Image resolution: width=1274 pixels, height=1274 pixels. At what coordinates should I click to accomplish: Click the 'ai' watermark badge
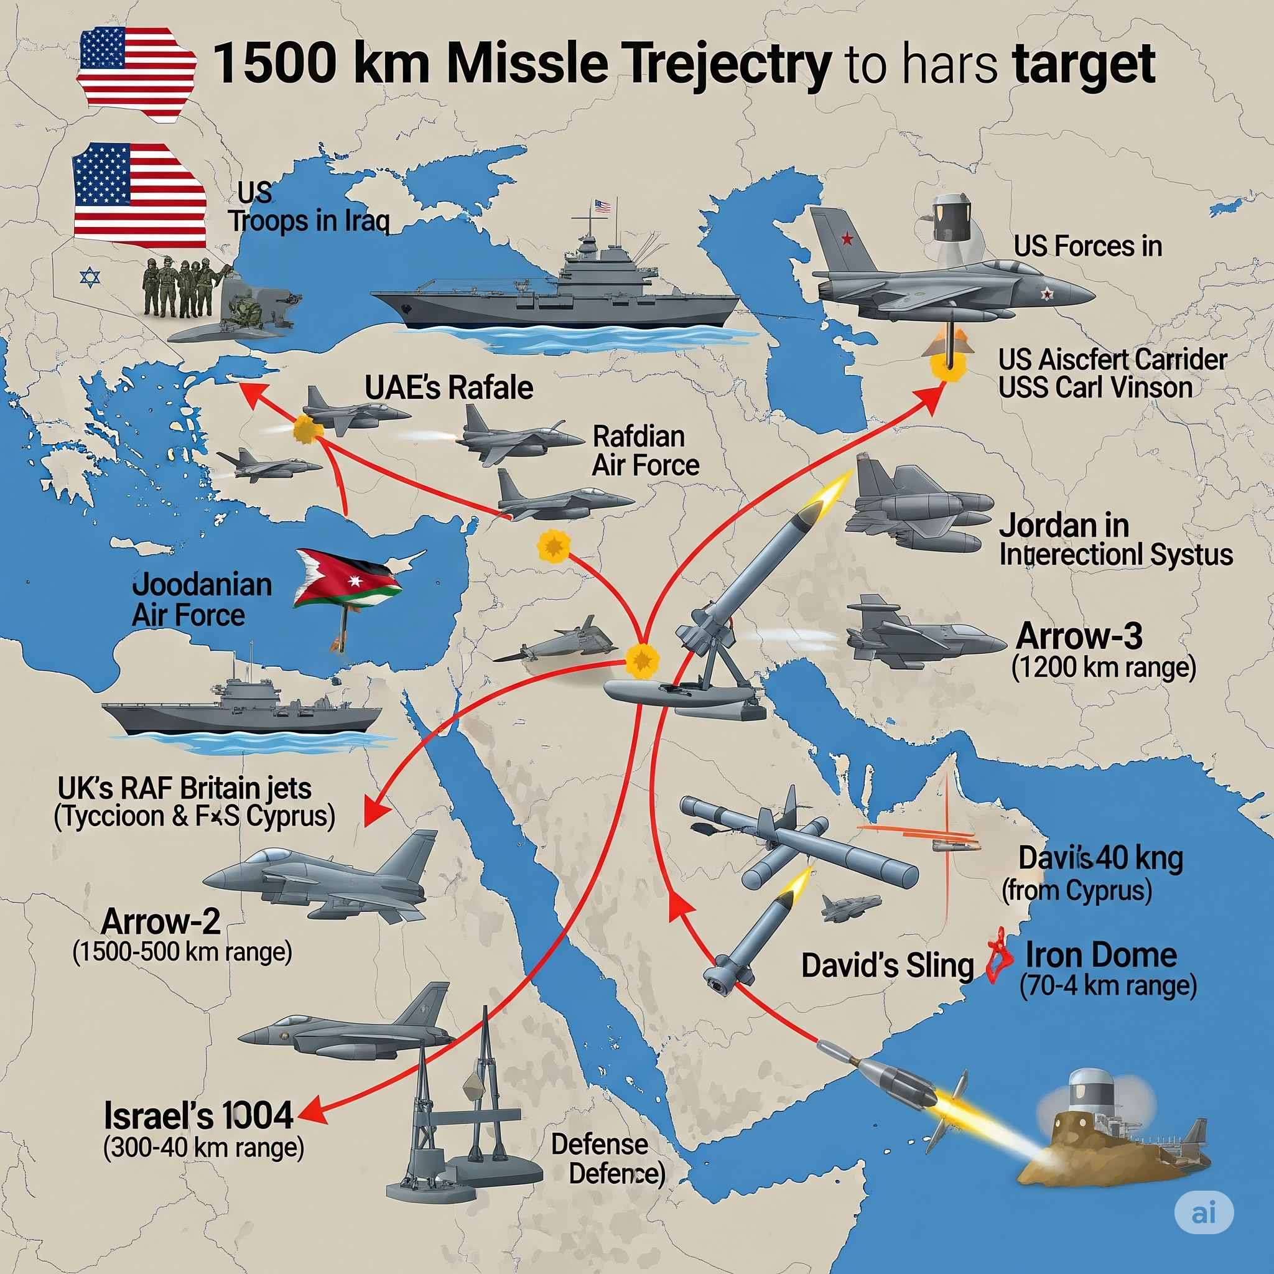[x=1204, y=1212]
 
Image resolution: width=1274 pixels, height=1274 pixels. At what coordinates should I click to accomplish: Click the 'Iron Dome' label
[x=1100, y=955]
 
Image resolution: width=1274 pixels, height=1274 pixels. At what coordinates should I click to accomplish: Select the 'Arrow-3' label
[x=1079, y=636]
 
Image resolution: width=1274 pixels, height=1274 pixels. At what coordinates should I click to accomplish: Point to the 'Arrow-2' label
[x=161, y=921]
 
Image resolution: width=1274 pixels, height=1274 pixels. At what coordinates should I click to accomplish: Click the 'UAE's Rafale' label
[x=449, y=388]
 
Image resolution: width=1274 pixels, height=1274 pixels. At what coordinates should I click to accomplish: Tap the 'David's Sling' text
[x=887, y=965]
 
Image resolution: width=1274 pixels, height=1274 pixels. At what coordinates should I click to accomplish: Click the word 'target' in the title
[x=1084, y=64]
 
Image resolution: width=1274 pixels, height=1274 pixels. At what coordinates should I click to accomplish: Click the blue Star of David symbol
[x=90, y=277]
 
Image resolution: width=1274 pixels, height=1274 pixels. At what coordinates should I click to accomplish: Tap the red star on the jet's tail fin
[x=847, y=239]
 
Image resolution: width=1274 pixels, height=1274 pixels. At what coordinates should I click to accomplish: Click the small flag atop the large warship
[x=602, y=207]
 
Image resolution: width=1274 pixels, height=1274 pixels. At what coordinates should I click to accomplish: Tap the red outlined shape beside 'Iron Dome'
[x=999, y=955]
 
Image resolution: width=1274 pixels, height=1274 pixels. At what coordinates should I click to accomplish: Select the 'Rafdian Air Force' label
[x=645, y=451]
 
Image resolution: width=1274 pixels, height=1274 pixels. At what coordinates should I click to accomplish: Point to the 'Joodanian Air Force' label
[x=201, y=600]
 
